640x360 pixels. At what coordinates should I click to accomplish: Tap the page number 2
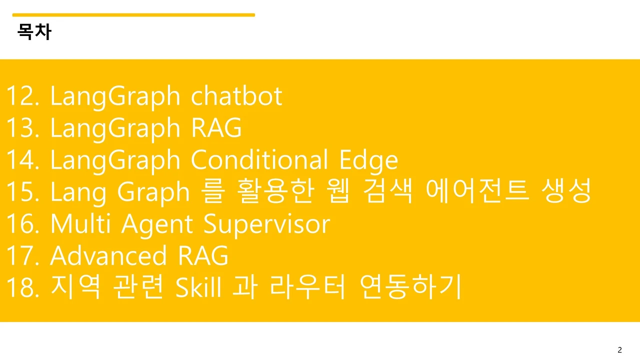coord(620,349)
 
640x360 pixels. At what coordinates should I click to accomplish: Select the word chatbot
coord(236,96)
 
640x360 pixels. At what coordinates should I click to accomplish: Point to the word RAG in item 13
coord(216,128)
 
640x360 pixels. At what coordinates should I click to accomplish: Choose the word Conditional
coord(259,160)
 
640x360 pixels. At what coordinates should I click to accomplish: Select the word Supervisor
coord(266,224)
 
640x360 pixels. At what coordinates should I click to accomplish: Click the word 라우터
coord(307,288)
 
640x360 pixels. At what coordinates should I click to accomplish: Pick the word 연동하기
coord(410,288)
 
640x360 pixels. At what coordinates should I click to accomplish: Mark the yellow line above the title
coord(133,15)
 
